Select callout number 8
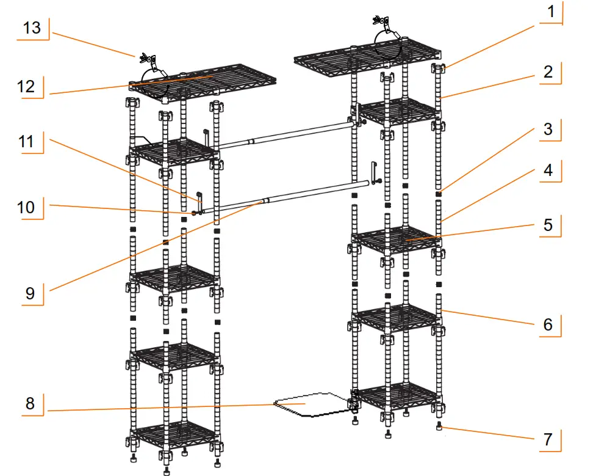coord(30,403)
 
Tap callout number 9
coord(30,293)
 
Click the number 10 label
coord(26,207)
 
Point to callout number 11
coord(26,143)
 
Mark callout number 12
coord(26,86)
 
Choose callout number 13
coord(32,27)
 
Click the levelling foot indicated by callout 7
coord(439,426)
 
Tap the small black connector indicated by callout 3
coord(439,195)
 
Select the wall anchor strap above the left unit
coord(149,62)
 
